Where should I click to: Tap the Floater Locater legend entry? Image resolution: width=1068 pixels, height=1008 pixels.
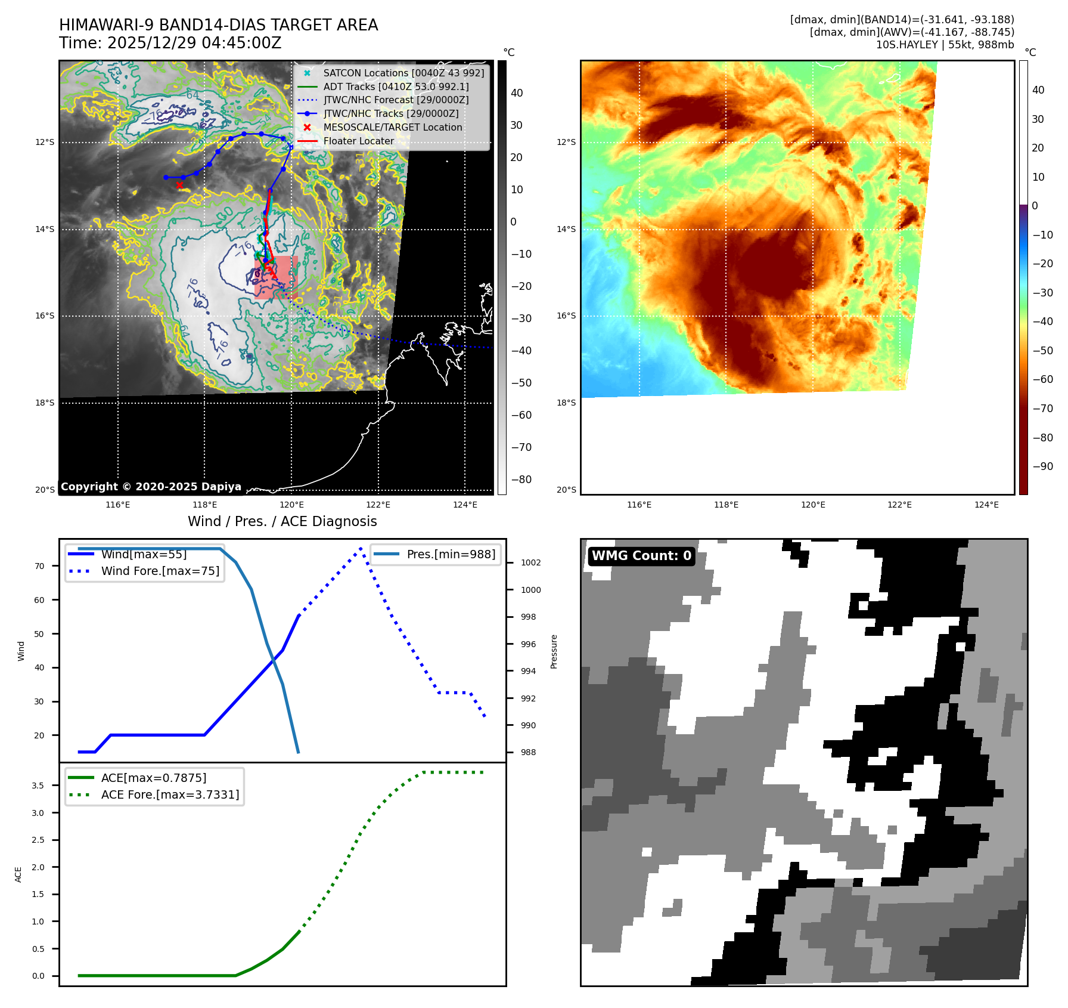pos(358,141)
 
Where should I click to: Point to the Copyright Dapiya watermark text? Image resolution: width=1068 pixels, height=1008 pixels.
pos(151,487)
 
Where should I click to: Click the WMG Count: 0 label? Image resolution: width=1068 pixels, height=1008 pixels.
pos(641,556)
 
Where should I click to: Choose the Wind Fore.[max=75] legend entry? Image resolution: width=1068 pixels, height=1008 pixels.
pos(160,571)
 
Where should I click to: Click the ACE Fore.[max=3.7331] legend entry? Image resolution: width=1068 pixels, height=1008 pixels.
pos(170,794)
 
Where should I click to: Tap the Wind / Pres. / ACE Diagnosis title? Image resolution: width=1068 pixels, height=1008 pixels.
pos(282,521)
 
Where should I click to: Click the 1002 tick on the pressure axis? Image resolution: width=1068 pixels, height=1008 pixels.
pos(530,562)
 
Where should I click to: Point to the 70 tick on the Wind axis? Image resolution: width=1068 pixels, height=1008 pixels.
pos(39,566)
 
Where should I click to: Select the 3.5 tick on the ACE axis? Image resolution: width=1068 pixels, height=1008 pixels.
pos(38,786)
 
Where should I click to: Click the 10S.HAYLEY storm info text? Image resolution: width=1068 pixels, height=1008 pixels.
pos(945,45)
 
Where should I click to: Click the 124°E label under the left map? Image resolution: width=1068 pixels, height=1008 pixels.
pos(465,505)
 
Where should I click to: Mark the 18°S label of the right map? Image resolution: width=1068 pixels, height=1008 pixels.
pos(566,403)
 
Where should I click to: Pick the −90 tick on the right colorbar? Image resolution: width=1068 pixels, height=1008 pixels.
pos(1042,466)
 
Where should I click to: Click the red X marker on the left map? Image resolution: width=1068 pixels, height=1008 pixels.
pos(179,185)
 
